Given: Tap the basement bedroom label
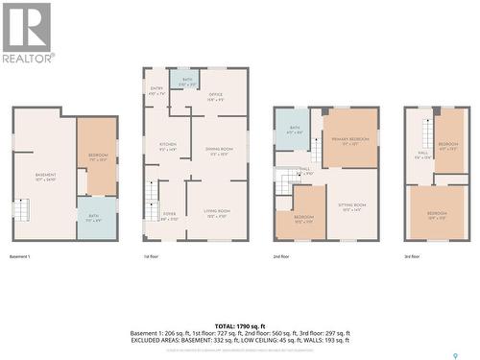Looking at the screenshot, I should (x=98, y=156).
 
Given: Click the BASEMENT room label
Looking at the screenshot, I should (x=46, y=176).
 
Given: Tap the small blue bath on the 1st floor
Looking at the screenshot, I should (x=187, y=83).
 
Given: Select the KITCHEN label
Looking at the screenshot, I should (x=168, y=146).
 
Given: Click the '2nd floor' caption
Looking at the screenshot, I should (x=281, y=256).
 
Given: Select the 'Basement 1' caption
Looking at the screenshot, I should (x=20, y=256).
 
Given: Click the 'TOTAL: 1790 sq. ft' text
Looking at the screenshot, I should (x=240, y=326).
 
